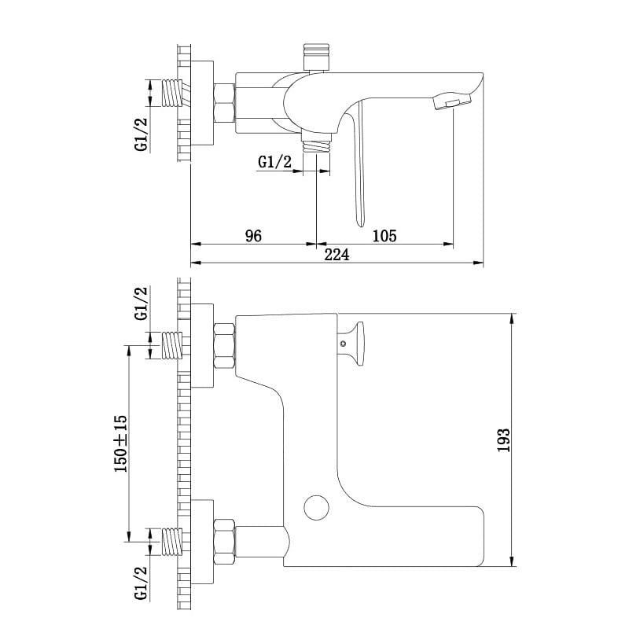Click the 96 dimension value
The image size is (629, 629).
pos(253,236)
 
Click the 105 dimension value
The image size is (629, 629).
pos(384,236)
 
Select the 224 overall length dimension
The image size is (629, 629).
pos(337,255)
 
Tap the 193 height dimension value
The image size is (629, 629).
pos(504,440)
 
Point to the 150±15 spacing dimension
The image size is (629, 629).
pos(121,444)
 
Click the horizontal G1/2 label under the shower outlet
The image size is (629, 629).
pos(274,162)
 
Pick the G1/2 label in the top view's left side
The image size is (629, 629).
pos(142,134)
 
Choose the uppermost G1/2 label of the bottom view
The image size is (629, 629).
pos(142,303)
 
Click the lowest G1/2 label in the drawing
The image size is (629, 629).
pos(142,583)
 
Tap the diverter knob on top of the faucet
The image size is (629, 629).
pos(317,57)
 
